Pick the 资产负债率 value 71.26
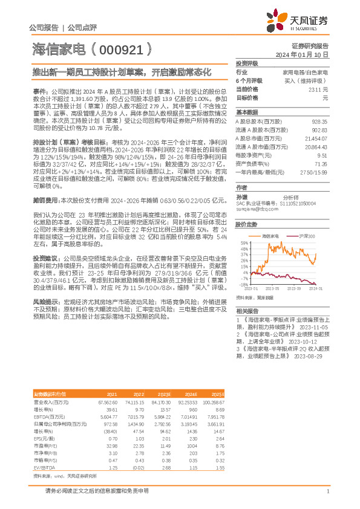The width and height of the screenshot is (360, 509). pyautogui.click(x=321, y=163)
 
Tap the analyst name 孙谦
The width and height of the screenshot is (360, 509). pyautogui.click(x=243, y=197)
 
